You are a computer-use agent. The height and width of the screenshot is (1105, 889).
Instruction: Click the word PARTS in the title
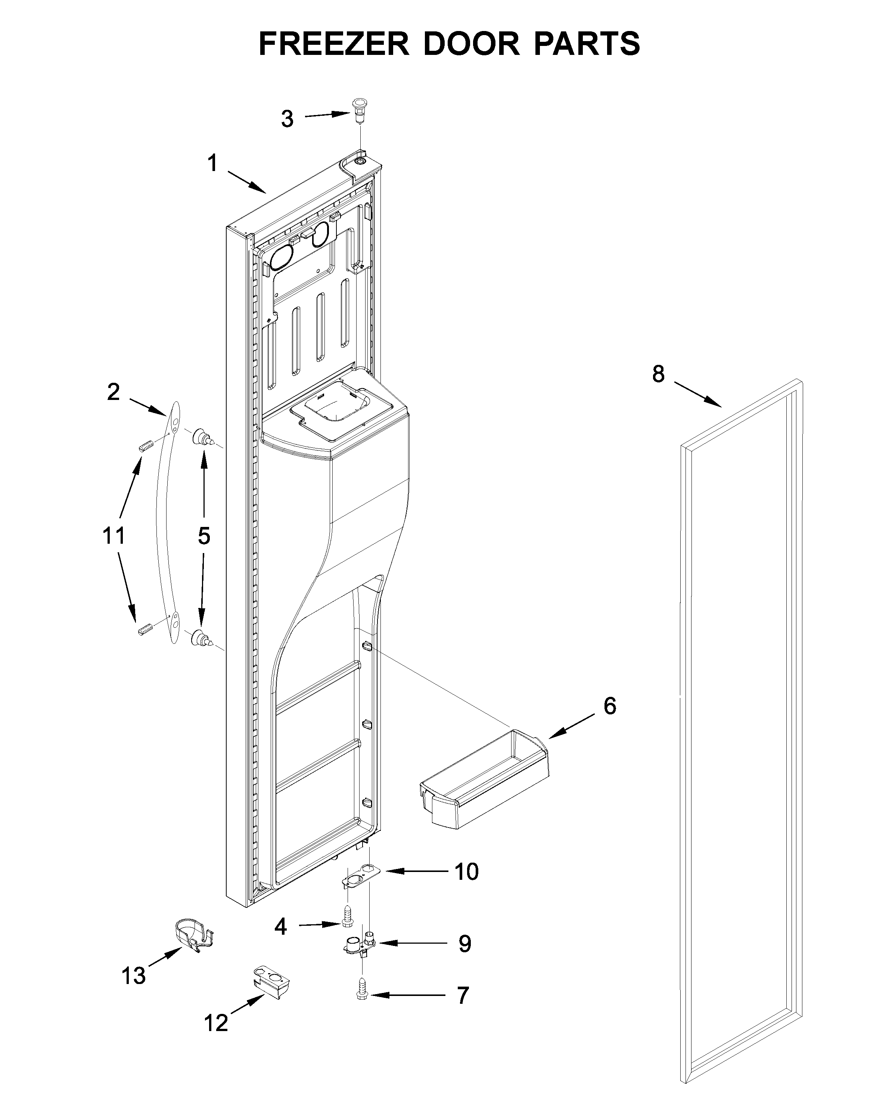tap(587, 44)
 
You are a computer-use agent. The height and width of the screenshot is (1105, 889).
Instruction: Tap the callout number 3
tap(287, 119)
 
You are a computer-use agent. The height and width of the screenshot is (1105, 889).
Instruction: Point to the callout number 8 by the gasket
tap(658, 374)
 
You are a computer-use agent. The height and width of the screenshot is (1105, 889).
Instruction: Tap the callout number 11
tap(114, 536)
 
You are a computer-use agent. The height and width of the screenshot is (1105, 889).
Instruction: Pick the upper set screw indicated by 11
tap(146, 446)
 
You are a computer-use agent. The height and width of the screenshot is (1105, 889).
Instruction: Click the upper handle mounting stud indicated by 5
tap(202, 438)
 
